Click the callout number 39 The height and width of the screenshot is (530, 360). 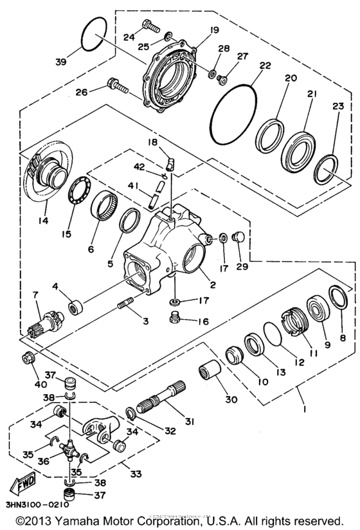(x=60, y=62)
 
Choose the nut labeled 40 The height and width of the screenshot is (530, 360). (x=30, y=358)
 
